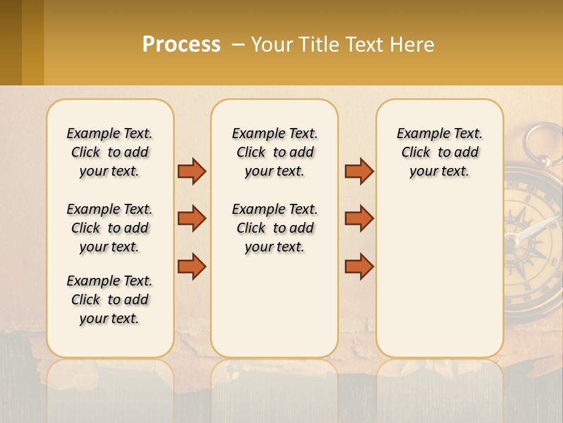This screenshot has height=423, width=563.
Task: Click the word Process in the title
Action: click(181, 45)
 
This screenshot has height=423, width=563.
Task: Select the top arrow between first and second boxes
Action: click(192, 172)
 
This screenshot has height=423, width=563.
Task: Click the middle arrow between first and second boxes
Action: click(192, 219)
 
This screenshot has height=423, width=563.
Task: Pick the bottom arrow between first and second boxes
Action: click(192, 266)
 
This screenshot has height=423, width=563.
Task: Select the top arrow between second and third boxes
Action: click(359, 172)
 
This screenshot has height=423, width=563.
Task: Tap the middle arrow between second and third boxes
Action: click(359, 219)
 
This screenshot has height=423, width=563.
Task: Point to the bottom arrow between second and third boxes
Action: click(359, 266)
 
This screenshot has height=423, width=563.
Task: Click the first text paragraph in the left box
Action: click(110, 152)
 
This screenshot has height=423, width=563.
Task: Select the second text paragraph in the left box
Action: click(110, 228)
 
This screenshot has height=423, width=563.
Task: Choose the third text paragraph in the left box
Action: click(110, 300)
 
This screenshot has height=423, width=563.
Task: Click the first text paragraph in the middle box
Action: click(275, 152)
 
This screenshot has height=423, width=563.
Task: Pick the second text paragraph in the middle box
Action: click(275, 228)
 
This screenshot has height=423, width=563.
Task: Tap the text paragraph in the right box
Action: click(440, 152)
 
